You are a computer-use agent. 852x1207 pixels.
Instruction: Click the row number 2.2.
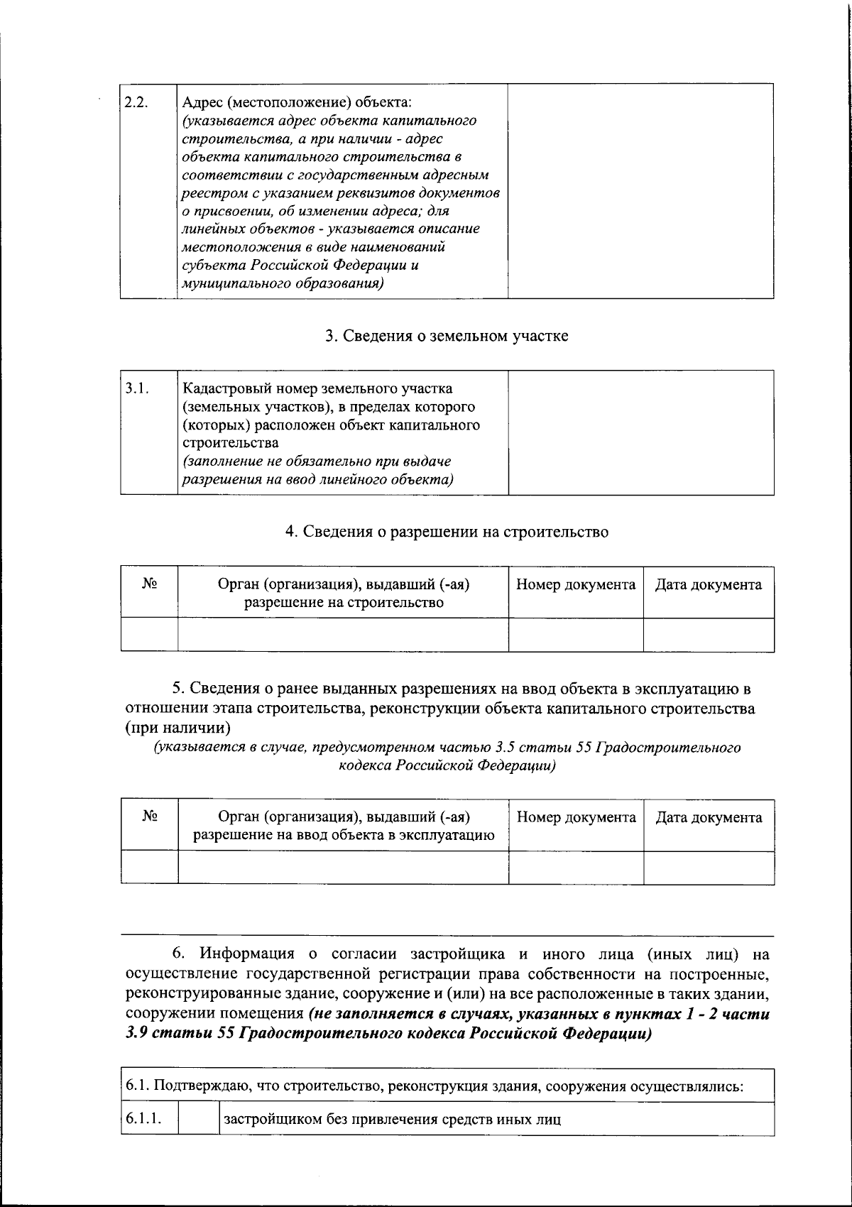tap(136, 102)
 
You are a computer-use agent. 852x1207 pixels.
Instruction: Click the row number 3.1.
tap(136, 388)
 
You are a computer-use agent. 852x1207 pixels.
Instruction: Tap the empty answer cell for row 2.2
tap(641, 190)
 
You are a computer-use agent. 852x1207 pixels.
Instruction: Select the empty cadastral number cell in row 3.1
tap(641, 432)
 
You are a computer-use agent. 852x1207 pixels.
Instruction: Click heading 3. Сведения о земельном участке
tap(447, 336)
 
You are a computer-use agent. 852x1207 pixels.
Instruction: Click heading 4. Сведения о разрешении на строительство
tap(447, 532)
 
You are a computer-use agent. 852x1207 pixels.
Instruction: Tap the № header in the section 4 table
tap(149, 584)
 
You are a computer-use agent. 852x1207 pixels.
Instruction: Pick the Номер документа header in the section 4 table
tap(575, 585)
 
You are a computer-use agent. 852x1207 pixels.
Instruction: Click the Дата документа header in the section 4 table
tap(708, 585)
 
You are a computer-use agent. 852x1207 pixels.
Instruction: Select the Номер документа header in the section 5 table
tap(576, 817)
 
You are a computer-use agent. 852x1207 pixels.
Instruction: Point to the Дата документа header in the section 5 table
tap(708, 817)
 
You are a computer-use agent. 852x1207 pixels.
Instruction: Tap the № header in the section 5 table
tap(149, 816)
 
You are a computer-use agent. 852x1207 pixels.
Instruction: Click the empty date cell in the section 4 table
tap(708, 634)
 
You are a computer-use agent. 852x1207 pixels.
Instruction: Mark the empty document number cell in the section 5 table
tap(576, 867)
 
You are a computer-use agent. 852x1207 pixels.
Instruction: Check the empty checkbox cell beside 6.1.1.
tap(198, 1120)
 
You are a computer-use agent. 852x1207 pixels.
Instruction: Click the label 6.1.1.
tap(143, 1120)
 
